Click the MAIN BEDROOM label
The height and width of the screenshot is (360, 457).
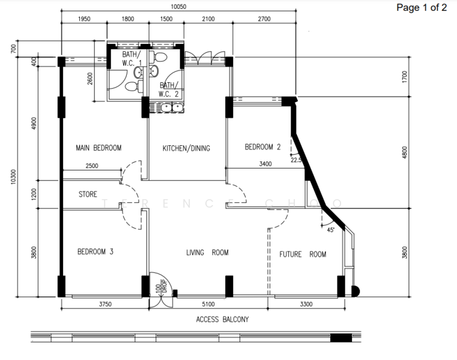coord(99,148)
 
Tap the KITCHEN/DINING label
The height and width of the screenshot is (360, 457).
coord(186,148)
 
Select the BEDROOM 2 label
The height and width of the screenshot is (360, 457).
coord(262,147)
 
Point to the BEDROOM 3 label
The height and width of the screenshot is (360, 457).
coord(95,252)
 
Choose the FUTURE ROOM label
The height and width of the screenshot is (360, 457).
coord(303,254)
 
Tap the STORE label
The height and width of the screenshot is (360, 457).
coord(88,194)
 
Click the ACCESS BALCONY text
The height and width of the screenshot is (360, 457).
coord(222,320)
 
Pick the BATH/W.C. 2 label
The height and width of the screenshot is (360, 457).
coord(169,90)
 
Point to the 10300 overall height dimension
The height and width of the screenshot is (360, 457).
coord(13,178)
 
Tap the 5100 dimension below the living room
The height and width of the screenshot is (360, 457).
coord(208,305)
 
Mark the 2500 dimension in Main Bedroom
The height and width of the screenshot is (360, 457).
coord(92,166)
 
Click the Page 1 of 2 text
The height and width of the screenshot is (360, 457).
coord(422,8)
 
